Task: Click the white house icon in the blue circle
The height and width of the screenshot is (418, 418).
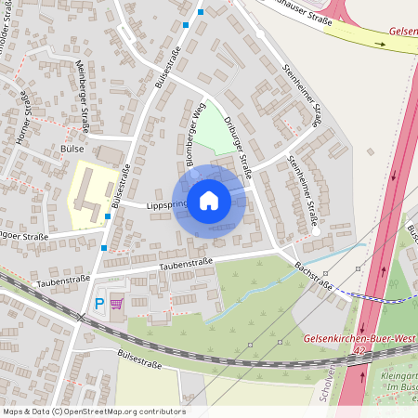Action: point(209,200)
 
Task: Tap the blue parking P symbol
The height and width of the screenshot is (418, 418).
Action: point(99,304)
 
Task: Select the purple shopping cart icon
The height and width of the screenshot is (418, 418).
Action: point(117,304)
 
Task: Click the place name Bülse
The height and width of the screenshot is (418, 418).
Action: point(72,149)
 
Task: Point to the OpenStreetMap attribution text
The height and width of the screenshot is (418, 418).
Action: point(93,411)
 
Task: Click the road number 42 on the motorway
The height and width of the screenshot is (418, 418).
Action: point(357,352)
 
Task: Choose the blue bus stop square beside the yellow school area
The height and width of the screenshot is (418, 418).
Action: point(109,216)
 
